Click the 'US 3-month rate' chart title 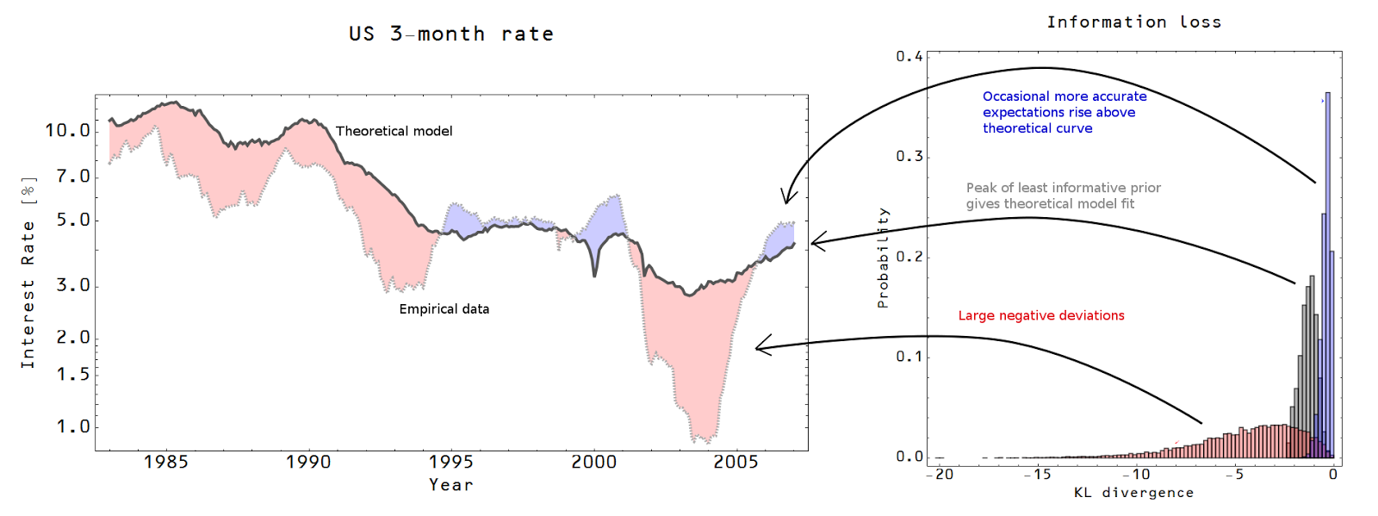pos(450,34)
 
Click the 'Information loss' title pos(1133,22)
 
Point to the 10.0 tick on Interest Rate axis pos(67,130)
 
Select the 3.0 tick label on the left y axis pos(73,285)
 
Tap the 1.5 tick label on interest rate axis pos(73,374)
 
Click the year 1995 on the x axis pos(450,462)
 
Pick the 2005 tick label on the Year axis pos(736,462)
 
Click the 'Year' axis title pos(451,485)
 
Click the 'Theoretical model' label pos(394,131)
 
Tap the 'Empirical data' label pos(444,308)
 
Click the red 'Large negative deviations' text pos(1040,315)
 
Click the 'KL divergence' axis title pos(1133,493)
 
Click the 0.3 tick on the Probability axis pos(909,156)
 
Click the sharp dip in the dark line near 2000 pos(594,274)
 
